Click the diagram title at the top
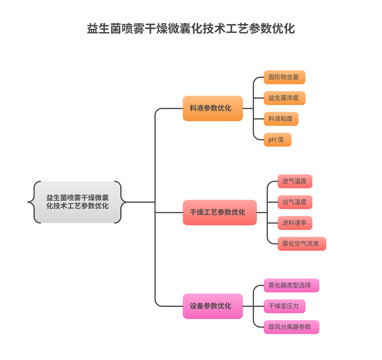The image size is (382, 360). (x=191, y=29)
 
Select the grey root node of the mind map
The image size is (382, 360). (x=77, y=202)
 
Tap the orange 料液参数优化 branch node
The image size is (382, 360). (x=212, y=108)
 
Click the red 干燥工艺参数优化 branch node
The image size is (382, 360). (x=219, y=212)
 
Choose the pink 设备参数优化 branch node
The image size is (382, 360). (x=212, y=306)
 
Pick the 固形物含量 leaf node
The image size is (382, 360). (x=284, y=77)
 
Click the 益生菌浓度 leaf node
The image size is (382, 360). (x=284, y=98)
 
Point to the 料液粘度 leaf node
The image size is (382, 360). (x=281, y=118)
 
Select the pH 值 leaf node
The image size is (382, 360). (x=277, y=140)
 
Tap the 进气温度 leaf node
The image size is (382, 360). (x=294, y=181)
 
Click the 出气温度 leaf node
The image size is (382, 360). (x=294, y=202)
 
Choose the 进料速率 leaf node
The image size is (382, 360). (x=294, y=223)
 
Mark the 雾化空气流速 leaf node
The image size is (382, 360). (x=301, y=244)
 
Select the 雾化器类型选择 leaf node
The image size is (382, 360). (x=291, y=285)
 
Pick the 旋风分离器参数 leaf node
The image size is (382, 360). (x=291, y=327)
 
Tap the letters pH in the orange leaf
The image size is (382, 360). (x=272, y=140)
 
